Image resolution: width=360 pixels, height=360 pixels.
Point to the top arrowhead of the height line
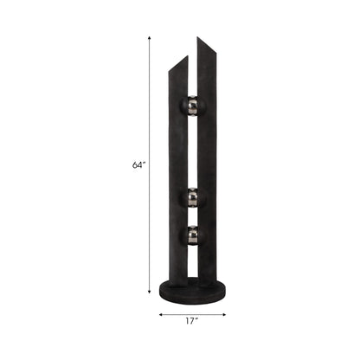tap(150, 35)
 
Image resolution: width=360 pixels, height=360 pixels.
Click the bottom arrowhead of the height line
tap(150, 297)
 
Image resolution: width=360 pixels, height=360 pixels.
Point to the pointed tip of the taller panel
tap(198, 37)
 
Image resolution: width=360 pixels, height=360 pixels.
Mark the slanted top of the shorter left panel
tap(178, 63)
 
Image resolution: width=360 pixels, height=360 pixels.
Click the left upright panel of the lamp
tap(176, 173)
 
